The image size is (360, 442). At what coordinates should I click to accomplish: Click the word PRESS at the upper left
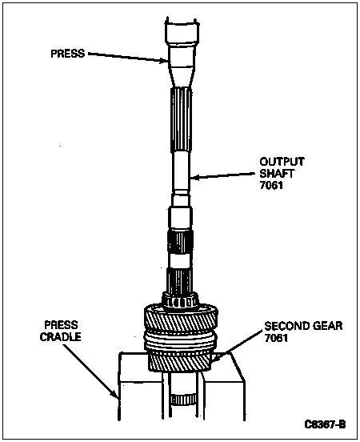tap(68, 54)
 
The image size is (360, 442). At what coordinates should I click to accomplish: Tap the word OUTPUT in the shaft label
tap(282, 162)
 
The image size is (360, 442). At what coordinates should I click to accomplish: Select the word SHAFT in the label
tap(277, 174)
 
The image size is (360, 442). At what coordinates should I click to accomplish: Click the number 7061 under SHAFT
tap(271, 185)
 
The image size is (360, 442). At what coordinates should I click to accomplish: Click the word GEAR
tap(328, 326)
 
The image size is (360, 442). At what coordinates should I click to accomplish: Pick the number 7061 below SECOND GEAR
tap(276, 338)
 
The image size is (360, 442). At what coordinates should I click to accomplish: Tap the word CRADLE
tap(61, 337)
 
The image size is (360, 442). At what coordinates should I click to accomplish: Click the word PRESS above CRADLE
tap(61, 325)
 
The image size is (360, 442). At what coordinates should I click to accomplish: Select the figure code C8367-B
tap(325, 424)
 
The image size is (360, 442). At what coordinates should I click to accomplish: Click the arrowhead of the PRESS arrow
tap(166, 61)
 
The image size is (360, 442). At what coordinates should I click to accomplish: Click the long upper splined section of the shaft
tap(181, 120)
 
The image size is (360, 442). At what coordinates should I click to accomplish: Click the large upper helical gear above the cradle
tap(181, 318)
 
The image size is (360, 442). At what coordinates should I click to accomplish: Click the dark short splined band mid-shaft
tap(180, 241)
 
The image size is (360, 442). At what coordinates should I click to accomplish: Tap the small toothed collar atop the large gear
tap(180, 300)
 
